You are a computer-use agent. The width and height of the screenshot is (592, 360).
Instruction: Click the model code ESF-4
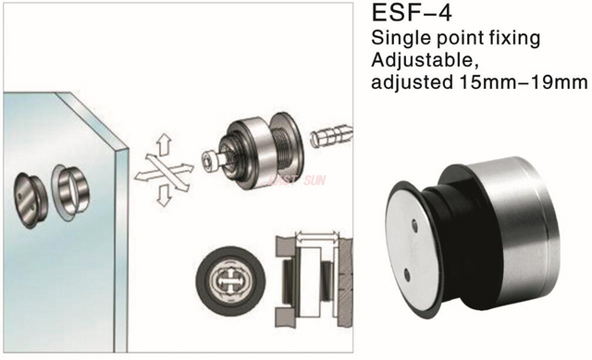coord(412,13)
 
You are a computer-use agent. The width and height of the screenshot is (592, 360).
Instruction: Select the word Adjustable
coord(425,60)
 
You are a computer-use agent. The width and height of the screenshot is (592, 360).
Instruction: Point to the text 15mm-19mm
coord(524,82)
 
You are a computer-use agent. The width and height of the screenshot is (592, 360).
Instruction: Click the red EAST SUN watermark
coord(297,180)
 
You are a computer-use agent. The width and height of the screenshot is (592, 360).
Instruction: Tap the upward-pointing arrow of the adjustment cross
coord(164,144)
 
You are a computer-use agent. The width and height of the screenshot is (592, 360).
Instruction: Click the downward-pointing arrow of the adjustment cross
coord(163,195)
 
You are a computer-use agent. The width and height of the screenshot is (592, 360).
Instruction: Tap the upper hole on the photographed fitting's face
coord(414,226)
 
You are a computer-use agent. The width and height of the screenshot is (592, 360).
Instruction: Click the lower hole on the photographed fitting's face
coord(407,275)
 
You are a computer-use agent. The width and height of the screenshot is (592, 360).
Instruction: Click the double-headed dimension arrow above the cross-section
coord(316,237)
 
